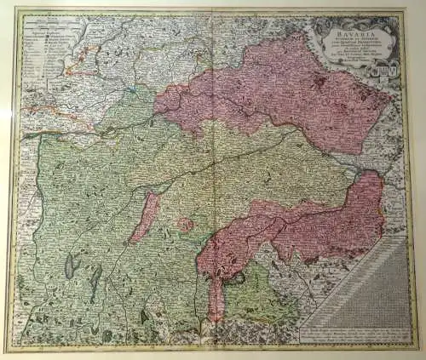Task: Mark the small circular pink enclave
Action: coord(184,226)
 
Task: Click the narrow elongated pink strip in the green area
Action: coord(146,216)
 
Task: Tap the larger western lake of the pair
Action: coord(69,266)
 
